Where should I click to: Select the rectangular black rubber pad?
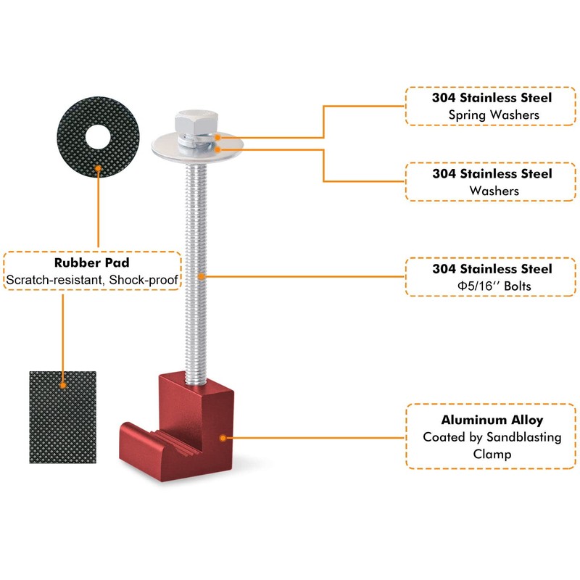pyautogui.click(x=62, y=418)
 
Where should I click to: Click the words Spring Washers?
pyautogui.click(x=494, y=115)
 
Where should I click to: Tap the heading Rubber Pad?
pyautogui.click(x=92, y=262)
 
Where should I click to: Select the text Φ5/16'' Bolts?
pyautogui.click(x=494, y=286)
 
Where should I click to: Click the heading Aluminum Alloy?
pyautogui.click(x=492, y=420)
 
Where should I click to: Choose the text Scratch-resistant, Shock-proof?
pyautogui.click(x=92, y=280)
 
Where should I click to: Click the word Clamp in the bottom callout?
pyautogui.click(x=492, y=454)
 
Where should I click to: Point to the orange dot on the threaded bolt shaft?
pyautogui.click(x=202, y=276)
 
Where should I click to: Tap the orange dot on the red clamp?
pyautogui.click(x=223, y=438)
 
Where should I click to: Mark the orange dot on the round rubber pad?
pyautogui.click(x=98, y=169)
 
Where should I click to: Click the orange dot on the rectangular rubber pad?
pyautogui.click(x=63, y=386)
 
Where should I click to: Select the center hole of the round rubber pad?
pyautogui.click(x=98, y=137)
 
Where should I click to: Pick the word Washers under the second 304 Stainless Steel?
pyautogui.click(x=494, y=191)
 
